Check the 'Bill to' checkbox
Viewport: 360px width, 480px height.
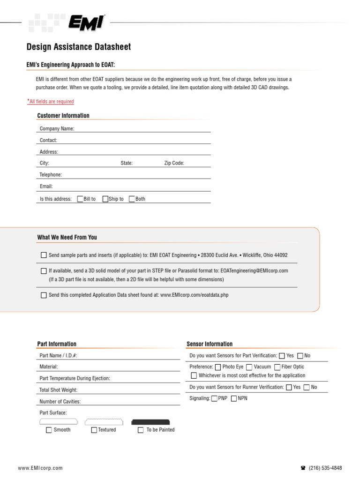[x=80, y=199]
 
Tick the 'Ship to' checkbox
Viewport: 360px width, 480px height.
[x=105, y=199]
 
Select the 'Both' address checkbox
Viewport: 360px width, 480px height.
[x=132, y=199]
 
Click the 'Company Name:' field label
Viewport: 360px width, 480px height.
[x=57, y=128]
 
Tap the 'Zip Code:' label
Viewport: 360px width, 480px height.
[x=174, y=163]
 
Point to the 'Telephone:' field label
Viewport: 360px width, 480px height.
[x=51, y=175]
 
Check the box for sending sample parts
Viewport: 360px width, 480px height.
[x=44, y=255]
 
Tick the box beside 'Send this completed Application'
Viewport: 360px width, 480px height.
[x=44, y=295]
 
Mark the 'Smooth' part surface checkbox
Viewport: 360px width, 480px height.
[x=49, y=430]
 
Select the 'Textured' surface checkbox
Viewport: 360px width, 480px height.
[x=94, y=430]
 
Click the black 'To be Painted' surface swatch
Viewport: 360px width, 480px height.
[x=150, y=422]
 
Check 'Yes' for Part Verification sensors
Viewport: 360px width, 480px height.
[x=282, y=356]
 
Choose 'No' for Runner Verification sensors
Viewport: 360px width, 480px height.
[x=307, y=387]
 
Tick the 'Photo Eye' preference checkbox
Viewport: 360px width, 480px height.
[x=218, y=367]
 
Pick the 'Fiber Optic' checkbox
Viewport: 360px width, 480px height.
[x=277, y=367]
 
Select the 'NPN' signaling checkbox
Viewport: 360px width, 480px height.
[x=234, y=398]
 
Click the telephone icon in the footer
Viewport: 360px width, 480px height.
[x=303, y=468]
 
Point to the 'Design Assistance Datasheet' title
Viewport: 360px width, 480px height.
[x=79, y=47]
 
